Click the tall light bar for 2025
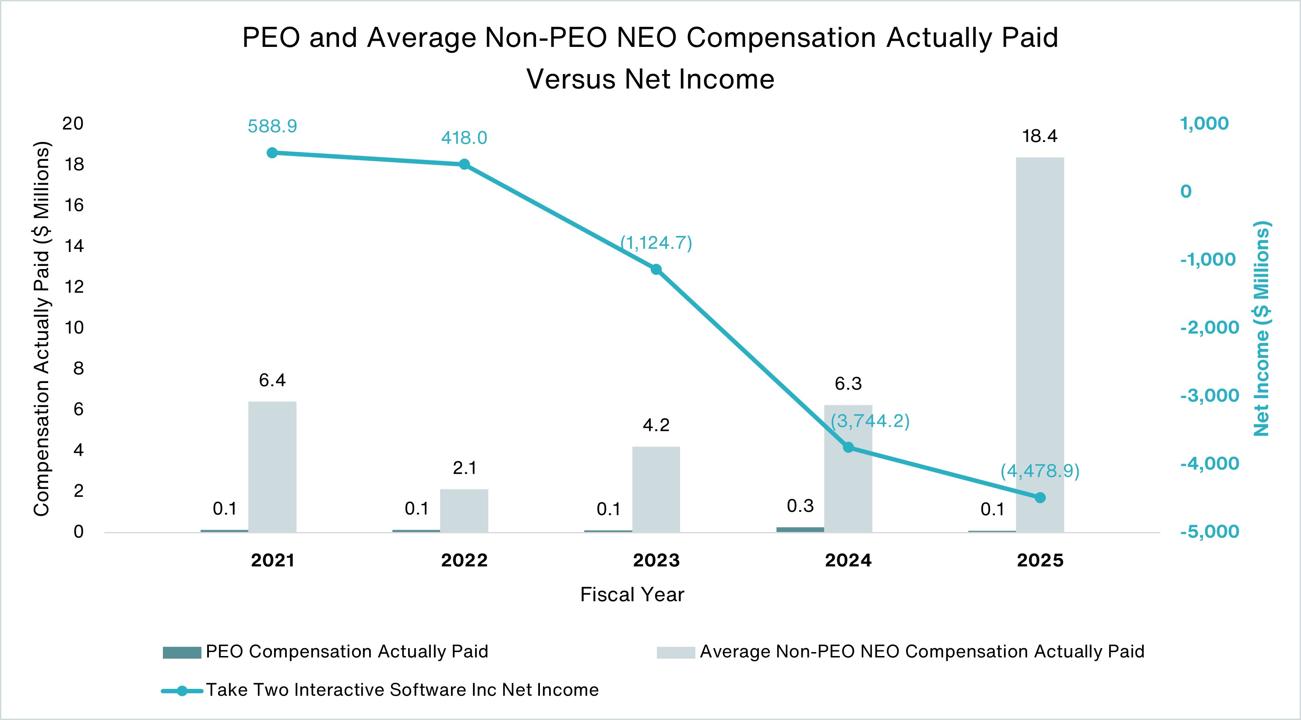point(1040,344)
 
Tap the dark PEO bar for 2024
point(800,529)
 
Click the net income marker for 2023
point(656,270)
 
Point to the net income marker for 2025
point(1040,498)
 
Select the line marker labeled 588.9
point(271,153)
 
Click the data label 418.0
point(464,138)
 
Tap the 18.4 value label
point(1040,136)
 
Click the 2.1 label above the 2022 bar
point(464,468)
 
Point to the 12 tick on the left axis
point(74,287)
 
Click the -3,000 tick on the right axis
point(1209,396)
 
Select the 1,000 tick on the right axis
point(1204,124)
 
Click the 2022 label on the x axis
point(464,560)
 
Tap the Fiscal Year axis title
point(632,595)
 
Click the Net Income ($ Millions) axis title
point(1261,328)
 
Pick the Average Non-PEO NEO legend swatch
point(675,653)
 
